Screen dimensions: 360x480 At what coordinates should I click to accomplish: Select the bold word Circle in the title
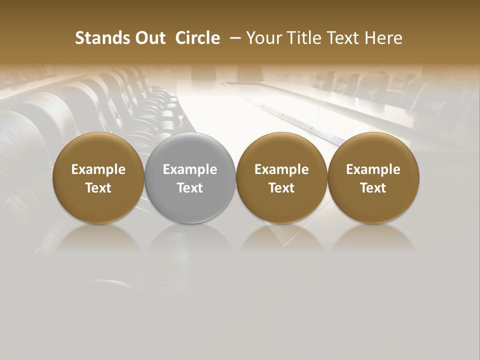pos(197,38)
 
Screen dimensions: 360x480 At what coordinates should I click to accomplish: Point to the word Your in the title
pos(262,38)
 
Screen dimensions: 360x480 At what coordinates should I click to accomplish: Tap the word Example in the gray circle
pos(190,169)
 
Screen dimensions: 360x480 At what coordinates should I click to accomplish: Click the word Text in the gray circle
pos(190,188)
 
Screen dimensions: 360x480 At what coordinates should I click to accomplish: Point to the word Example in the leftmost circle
pos(98,169)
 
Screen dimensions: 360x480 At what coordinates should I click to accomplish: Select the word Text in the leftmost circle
pos(98,188)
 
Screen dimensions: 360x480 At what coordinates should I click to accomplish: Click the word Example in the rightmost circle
pos(373,169)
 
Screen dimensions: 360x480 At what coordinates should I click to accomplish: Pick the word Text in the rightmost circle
pos(373,188)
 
